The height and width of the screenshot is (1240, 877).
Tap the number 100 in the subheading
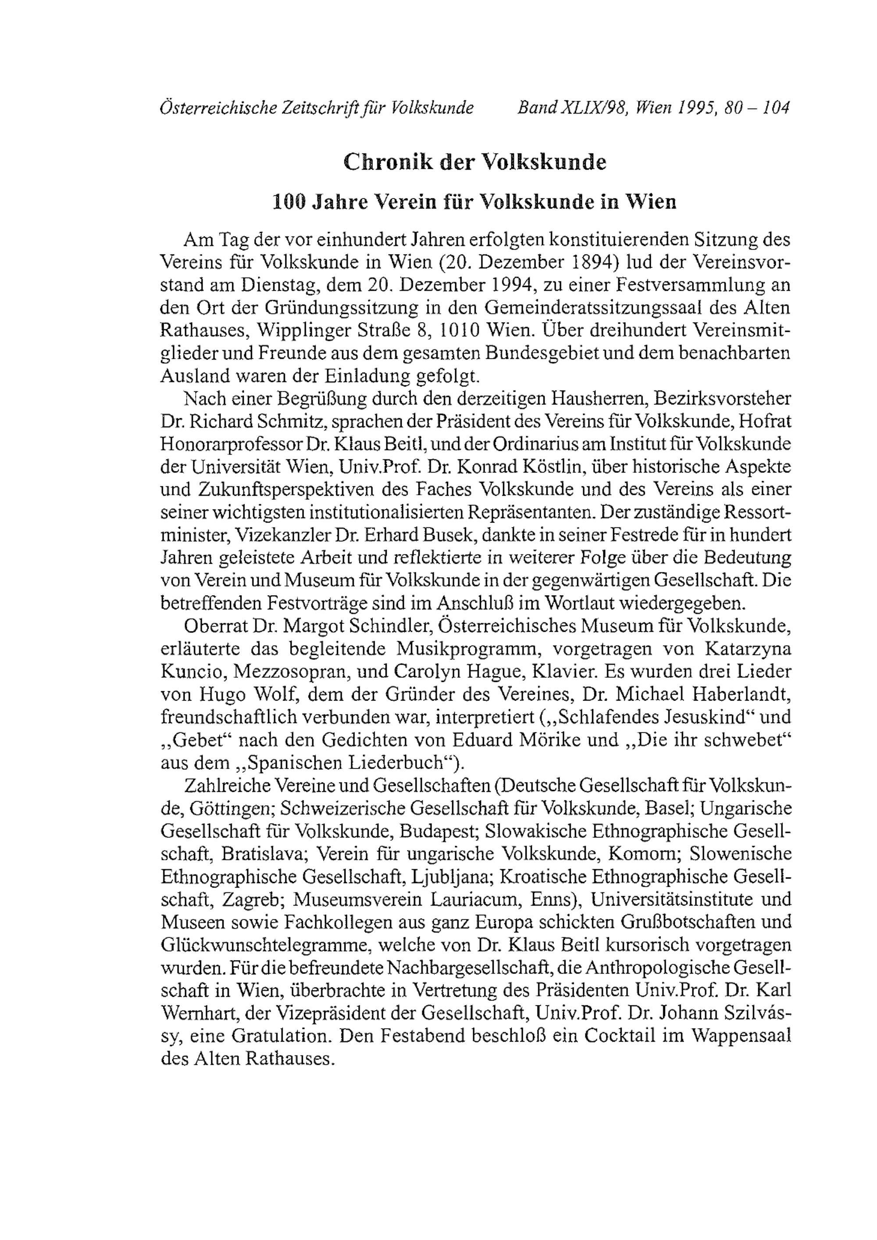289,202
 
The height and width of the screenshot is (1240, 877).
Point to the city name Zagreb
246,900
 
